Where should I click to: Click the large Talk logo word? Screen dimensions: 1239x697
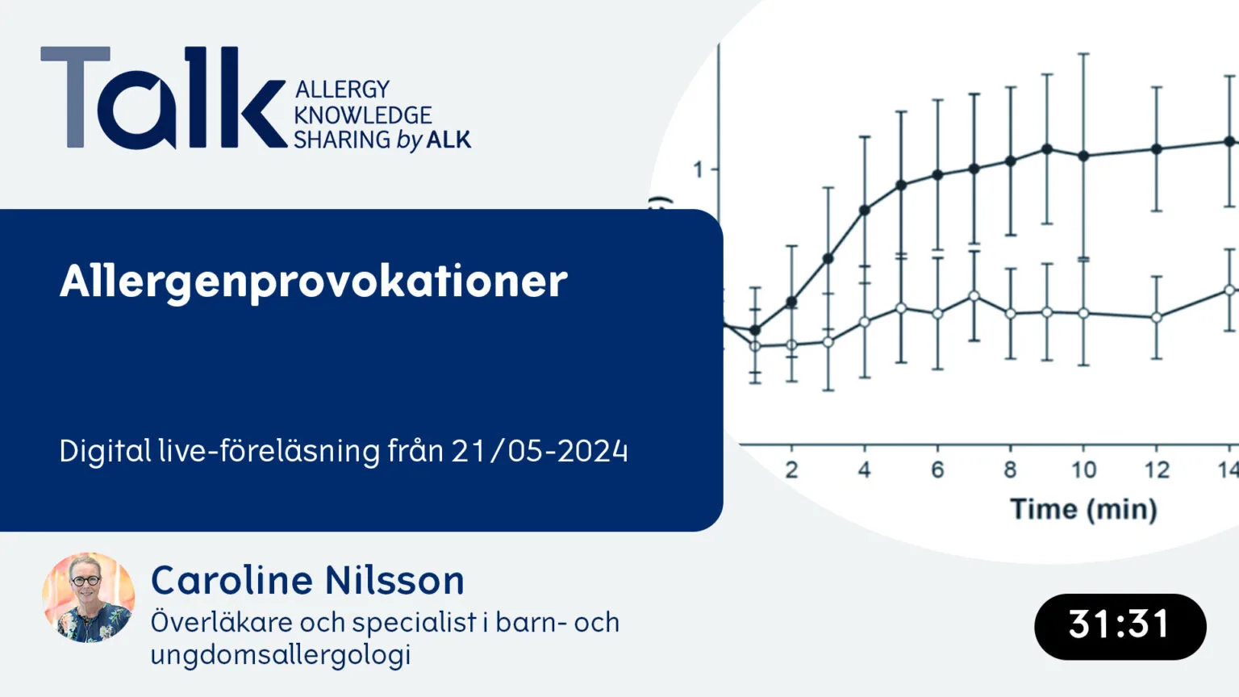click(164, 98)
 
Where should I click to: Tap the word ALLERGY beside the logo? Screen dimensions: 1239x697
click(343, 90)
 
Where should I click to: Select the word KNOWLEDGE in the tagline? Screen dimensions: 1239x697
click(363, 115)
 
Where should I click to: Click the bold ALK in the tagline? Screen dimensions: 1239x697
click(449, 140)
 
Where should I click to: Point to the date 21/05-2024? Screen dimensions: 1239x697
click(540, 451)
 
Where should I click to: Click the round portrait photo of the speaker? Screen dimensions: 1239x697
click(89, 598)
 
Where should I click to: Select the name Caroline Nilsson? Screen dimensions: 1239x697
click(307, 580)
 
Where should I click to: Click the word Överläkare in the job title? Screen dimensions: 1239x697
click(221, 622)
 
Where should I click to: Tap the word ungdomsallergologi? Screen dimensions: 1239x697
click(281, 655)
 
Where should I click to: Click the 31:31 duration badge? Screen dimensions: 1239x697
click(1120, 627)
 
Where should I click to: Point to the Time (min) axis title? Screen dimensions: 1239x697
click(1083, 509)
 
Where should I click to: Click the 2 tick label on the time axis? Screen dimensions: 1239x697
click(791, 470)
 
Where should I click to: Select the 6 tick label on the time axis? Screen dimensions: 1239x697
click(937, 470)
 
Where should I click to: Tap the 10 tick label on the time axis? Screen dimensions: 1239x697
click(1083, 470)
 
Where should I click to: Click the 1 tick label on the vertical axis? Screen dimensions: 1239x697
click(698, 170)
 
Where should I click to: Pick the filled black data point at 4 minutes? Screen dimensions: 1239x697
click(865, 211)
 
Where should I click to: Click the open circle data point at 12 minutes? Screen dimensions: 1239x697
click(1156, 318)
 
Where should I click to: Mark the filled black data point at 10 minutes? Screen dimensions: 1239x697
click(1084, 156)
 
